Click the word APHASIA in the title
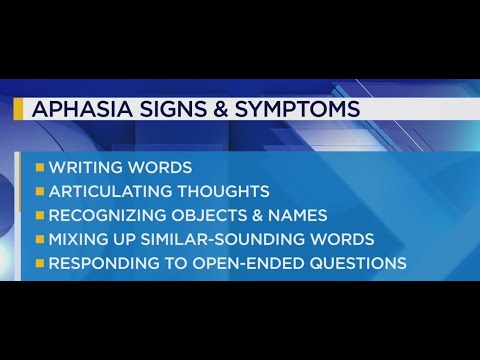click(78, 109)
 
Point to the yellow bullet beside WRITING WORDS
click(40, 167)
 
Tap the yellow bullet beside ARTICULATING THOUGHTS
click(40, 191)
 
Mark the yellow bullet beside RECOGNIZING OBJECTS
click(40, 215)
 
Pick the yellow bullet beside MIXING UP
click(40, 240)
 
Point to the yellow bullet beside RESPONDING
click(40, 264)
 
